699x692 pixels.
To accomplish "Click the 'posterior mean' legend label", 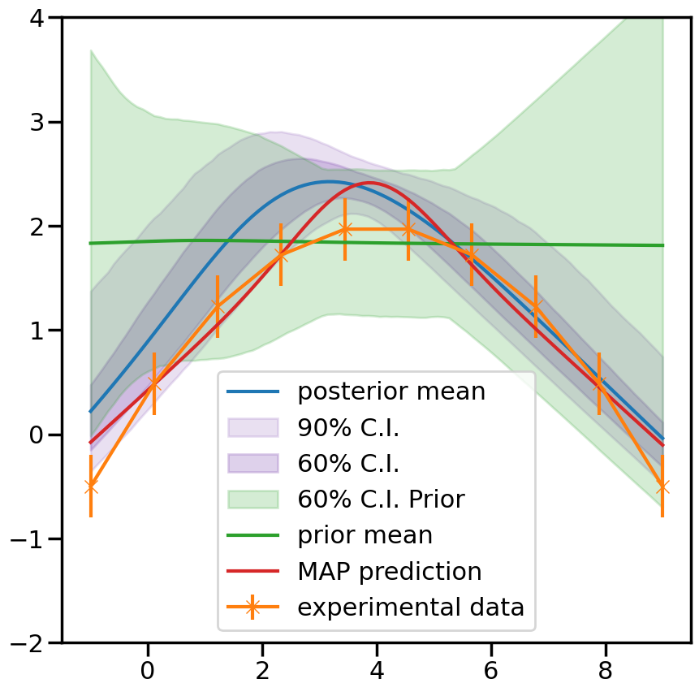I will coord(391,391).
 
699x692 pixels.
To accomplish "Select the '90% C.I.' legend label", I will coord(348,427).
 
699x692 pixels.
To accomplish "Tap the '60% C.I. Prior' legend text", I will coord(381,499).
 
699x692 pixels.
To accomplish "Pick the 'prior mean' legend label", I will coord(365,535).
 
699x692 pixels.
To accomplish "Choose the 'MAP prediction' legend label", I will coord(390,571).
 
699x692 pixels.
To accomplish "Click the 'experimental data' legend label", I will coord(411,607).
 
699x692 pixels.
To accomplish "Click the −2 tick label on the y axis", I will coord(32,642).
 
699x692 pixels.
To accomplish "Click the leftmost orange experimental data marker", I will coord(91,487).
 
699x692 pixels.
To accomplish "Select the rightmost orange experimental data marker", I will coord(662,487).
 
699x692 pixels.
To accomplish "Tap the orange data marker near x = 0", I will coord(154,383).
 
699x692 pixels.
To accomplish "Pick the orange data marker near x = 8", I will coord(599,383).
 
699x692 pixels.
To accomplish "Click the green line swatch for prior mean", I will coord(252,535).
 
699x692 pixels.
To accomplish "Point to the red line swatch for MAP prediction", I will coord(252,571).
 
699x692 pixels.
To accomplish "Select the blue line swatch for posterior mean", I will coord(252,391).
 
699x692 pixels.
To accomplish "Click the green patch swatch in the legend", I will coord(252,499).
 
